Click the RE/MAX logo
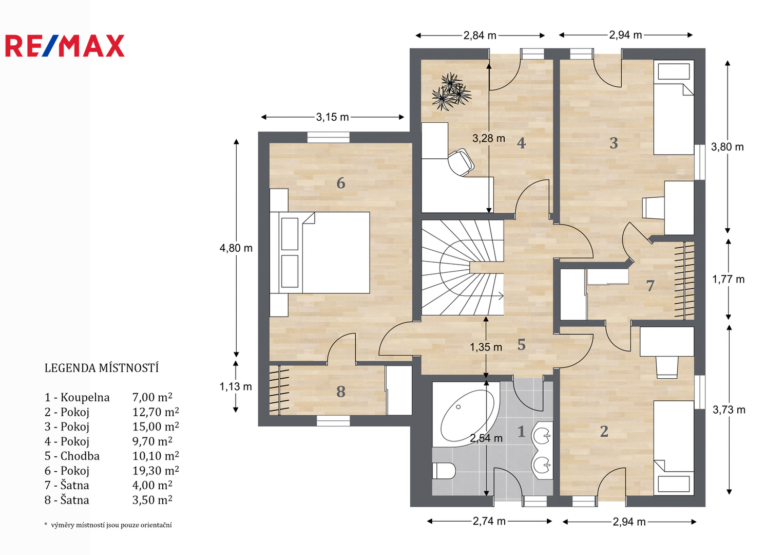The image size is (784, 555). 65,46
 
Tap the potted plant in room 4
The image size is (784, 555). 451,92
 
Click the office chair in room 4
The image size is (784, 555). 461,162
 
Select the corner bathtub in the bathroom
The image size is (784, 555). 466,415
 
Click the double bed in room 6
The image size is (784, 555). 320,252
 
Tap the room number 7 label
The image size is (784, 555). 650,286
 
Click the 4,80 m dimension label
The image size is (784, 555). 236,248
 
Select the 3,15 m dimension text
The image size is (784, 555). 333,117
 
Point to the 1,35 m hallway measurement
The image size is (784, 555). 486,347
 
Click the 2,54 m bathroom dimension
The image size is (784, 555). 486,438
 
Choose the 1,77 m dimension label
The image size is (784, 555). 729,279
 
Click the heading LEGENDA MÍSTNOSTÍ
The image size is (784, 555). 102,368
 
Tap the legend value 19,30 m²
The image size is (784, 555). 156,471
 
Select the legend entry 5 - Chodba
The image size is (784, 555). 72,456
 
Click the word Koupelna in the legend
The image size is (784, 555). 85,398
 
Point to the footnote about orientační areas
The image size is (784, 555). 108,525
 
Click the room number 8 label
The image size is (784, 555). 340,392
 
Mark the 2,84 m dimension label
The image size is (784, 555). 480,35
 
